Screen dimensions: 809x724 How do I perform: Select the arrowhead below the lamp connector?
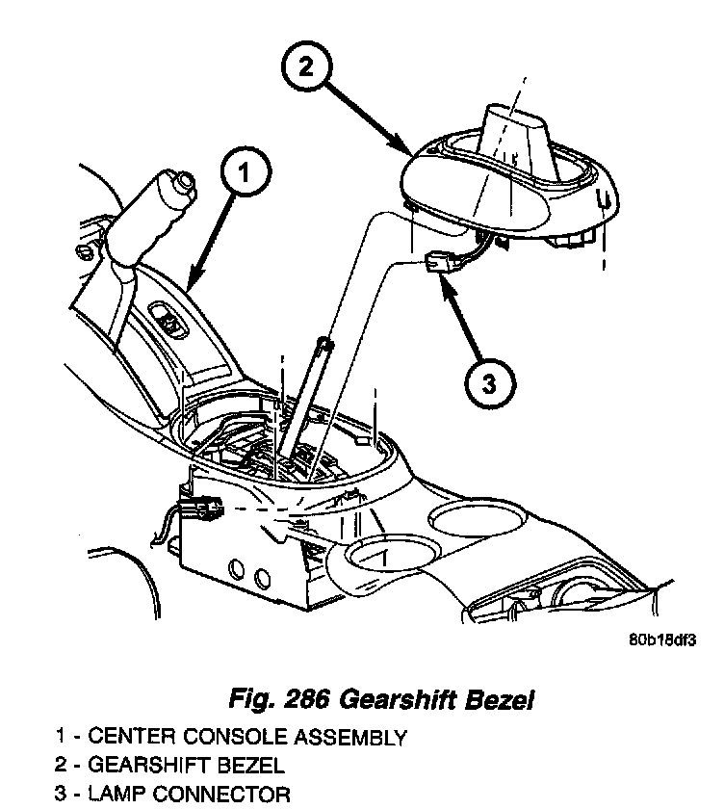(x=445, y=285)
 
